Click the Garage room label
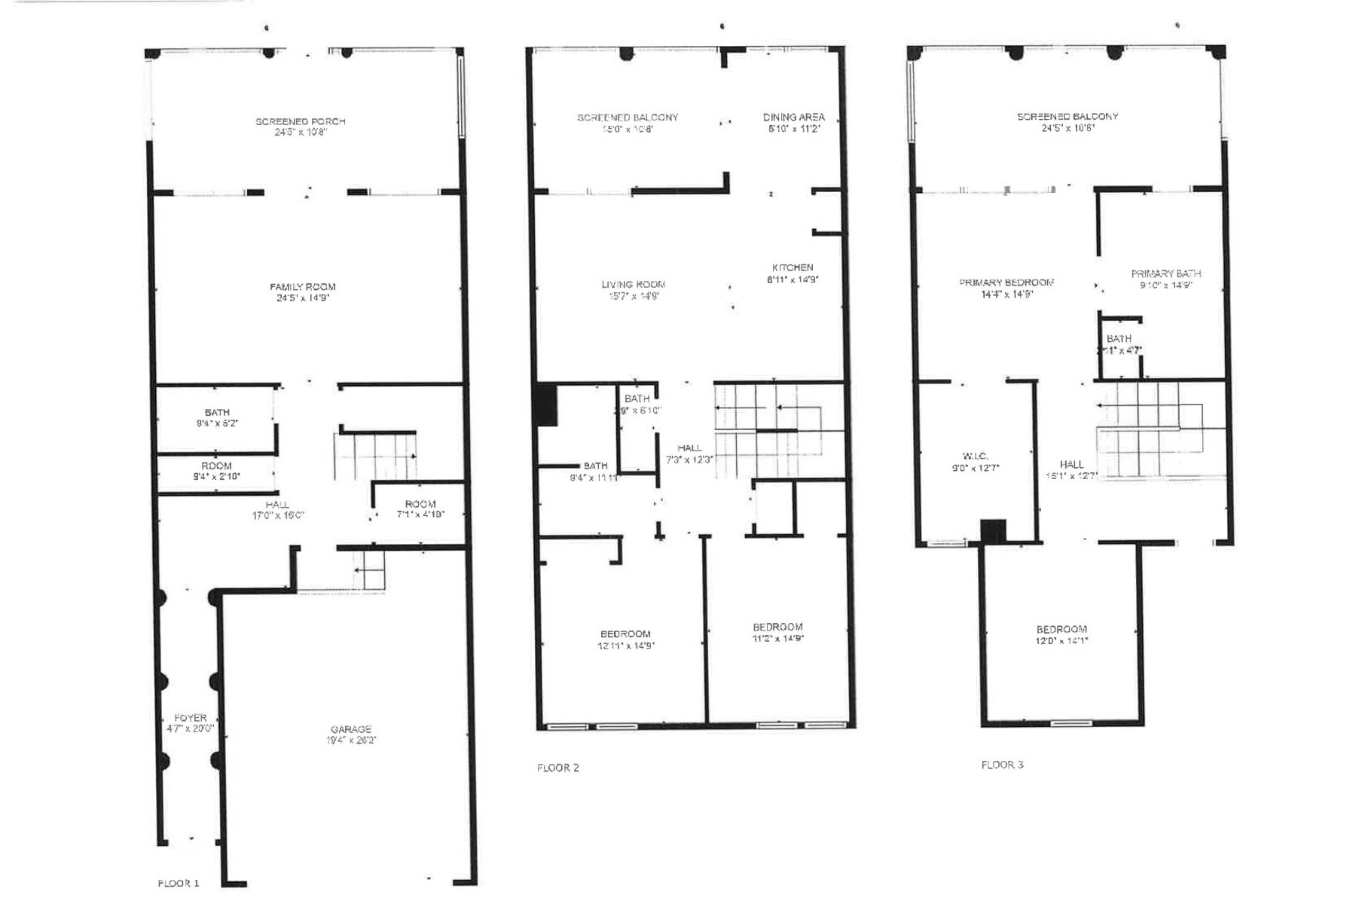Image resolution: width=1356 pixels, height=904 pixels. click(351, 730)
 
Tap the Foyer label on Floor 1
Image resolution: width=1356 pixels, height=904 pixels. click(190, 719)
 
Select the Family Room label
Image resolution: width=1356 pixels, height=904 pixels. click(303, 287)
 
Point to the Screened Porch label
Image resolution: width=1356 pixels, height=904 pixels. click(301, 122)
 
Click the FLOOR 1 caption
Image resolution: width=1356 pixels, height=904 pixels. click(179, 883)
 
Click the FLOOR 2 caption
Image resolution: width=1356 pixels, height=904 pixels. click(558, 768)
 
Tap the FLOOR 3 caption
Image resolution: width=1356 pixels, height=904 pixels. click(1002, 765)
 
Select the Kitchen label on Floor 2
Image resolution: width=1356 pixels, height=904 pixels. click(793, 268)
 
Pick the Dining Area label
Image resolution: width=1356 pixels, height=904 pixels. click(793, 118)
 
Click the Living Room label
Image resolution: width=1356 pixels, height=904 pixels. click(634, 285)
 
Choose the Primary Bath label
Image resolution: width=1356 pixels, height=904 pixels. click(1165, 274)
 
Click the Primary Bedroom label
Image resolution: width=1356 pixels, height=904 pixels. click(1006, 282)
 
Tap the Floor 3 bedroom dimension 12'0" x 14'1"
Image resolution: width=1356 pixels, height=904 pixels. click(1062, 641)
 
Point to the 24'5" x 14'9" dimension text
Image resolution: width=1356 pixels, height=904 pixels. click(303, 298)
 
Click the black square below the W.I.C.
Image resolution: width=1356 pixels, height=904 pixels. click(993, 531)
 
